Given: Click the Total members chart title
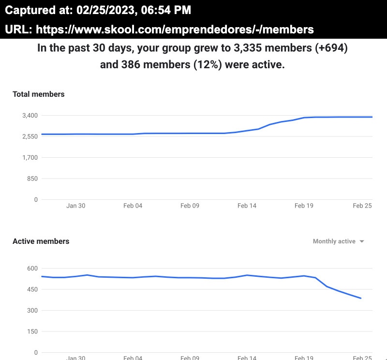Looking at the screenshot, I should (x=38, y=94).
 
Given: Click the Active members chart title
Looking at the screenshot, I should (x=41, y=241).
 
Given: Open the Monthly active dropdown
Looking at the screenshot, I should (x=338, y=241).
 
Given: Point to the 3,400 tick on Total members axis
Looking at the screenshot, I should (x=30, y=116).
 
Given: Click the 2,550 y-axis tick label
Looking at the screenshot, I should (x=30, y=136).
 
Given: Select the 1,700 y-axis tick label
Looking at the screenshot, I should (x=30, y=158).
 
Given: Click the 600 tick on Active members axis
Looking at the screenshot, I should (x=33, y=269).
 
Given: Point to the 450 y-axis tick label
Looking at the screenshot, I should (x=33, y=289).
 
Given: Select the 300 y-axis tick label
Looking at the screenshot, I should (x=33, y=311).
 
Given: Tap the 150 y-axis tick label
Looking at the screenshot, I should (x=33, y=331).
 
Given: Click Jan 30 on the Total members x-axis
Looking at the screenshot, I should (x=75, y=206).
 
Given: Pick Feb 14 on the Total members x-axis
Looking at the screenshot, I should (x=247, y=206).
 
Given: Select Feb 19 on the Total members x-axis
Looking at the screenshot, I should (x=304, y=206).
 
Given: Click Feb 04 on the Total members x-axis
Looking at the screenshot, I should (x=133, y=206).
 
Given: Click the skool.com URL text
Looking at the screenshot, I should (x=175, y=30).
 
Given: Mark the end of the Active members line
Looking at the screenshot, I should (x=361, y=298).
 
